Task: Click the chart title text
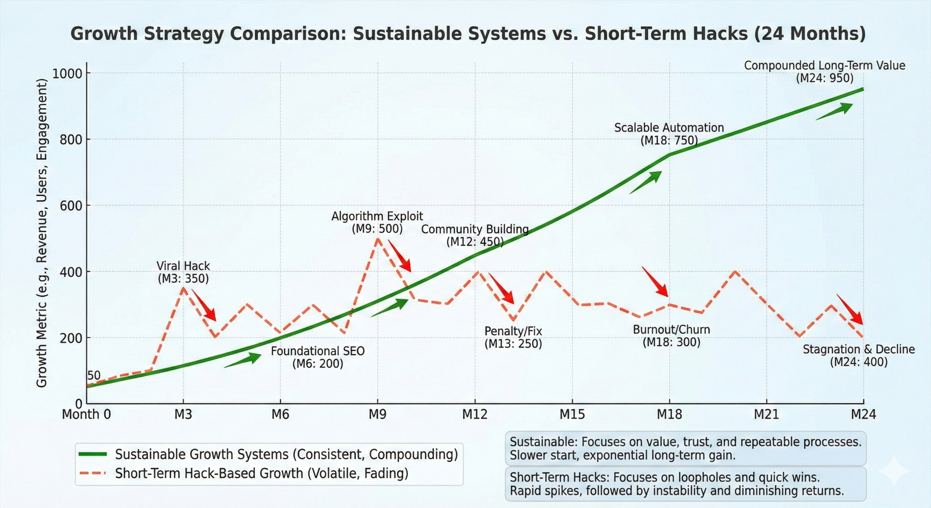[468, 34]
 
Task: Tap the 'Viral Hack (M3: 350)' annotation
[183, 272]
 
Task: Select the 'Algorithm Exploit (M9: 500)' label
[377, 222]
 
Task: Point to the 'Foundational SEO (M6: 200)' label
[318, 357]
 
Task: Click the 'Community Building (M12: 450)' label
[475, 236]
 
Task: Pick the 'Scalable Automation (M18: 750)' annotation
[669, 134]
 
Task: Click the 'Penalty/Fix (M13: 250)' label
[513, 338]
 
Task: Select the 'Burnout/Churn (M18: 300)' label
[671, 336]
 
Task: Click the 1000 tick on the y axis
[67, 73]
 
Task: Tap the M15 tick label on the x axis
[572, 414]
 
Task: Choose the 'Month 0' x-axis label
[86, 414]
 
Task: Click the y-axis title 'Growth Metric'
[41, 233]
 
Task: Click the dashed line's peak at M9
[378, 238]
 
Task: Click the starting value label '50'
[94, 376]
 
